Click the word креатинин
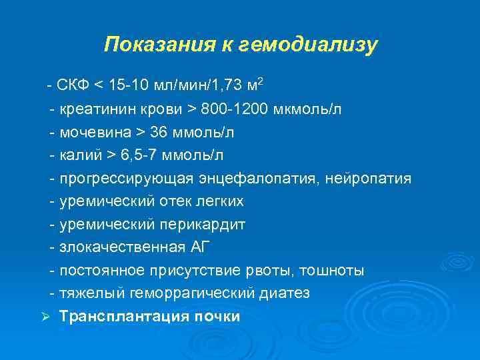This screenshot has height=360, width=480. [x=91, y=109]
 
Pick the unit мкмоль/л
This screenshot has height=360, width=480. [x=307, y=109]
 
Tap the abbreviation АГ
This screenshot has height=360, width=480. [x=199, y=247]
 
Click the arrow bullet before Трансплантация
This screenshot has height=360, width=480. [x=45, y=317]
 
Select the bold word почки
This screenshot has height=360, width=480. [x=217, y=317]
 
